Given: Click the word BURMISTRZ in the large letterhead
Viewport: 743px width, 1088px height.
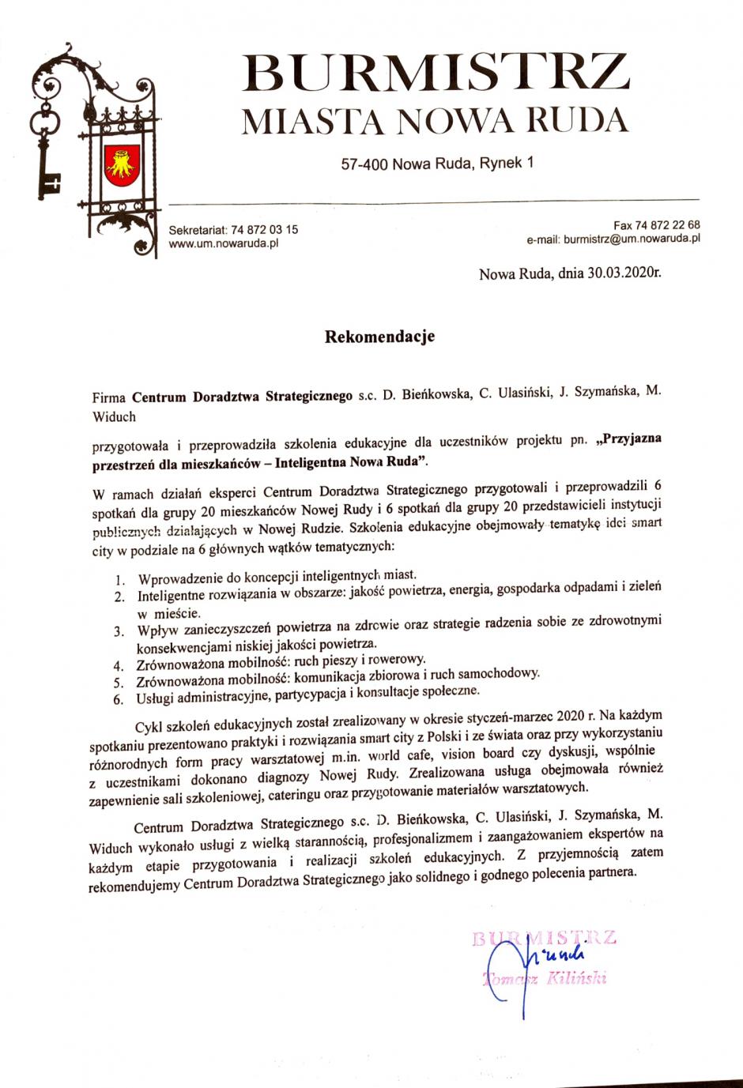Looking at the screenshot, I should (436, 73).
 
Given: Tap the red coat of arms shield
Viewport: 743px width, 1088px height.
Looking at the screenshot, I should (123, 165).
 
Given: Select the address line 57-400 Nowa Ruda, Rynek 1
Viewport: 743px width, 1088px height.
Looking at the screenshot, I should (437, 164).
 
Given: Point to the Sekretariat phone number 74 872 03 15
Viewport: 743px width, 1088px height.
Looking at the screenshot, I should (264, 230).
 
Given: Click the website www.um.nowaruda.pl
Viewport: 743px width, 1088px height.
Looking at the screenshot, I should (223, 243).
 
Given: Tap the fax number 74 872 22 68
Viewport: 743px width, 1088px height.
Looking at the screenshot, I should (667, 225).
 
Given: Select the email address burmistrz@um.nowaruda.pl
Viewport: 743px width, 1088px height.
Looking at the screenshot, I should (632, 238).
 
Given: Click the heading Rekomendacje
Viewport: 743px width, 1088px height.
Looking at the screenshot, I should (379, 337).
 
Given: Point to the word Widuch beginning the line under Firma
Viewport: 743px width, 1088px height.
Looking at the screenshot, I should (114, 416).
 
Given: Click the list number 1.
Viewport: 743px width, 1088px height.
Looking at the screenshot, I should (120, 581).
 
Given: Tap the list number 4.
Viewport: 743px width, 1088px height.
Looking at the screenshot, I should (118, 664).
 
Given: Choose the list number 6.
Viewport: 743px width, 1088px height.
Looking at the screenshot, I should (118, 699).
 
